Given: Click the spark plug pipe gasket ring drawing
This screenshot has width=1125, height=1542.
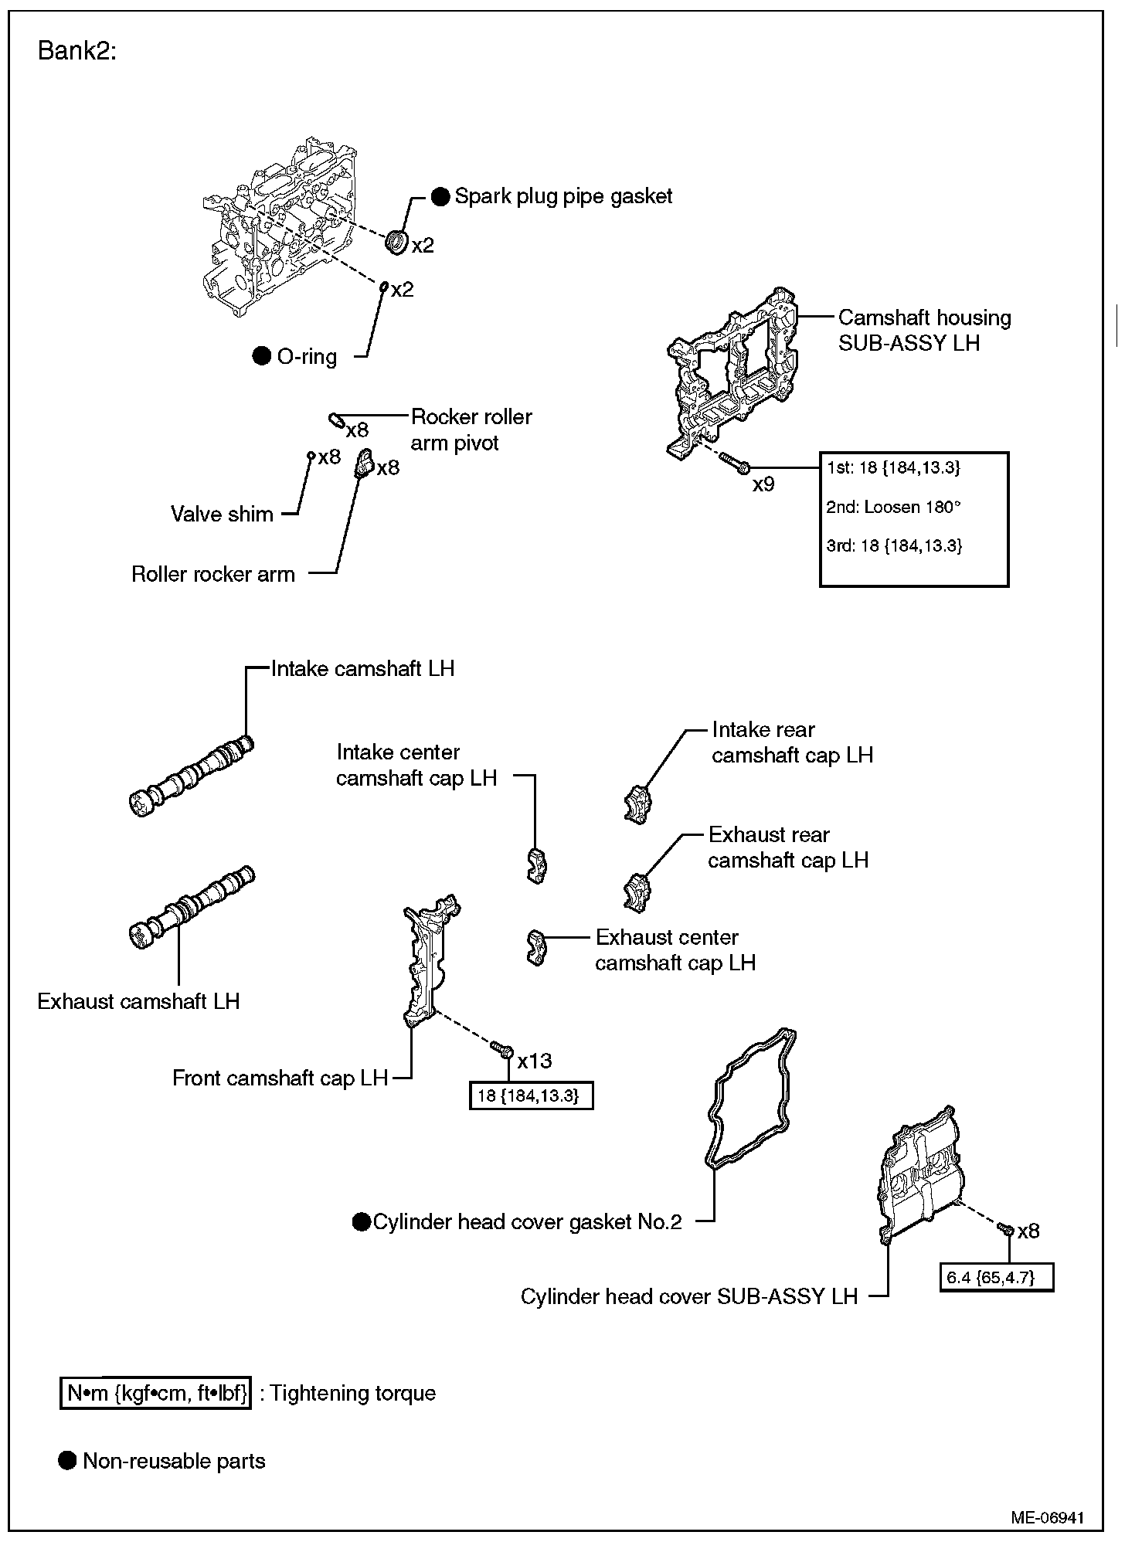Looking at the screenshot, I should (397, 241).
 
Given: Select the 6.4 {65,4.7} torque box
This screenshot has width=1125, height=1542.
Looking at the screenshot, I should (996, 1277).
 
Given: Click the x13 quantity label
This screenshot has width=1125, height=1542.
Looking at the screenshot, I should (535, 1060).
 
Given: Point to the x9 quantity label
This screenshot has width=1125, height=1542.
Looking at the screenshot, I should (763, 484).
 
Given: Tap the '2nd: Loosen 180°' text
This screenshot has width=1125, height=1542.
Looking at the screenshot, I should (894, 507).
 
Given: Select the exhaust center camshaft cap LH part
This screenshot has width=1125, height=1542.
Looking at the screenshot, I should (535, 946).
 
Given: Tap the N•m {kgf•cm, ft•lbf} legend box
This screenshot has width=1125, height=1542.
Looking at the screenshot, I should (156, 1393).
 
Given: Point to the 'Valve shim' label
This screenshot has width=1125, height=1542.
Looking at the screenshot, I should (222, 514).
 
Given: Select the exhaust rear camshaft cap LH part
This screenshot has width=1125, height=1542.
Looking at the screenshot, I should (637, 889).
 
